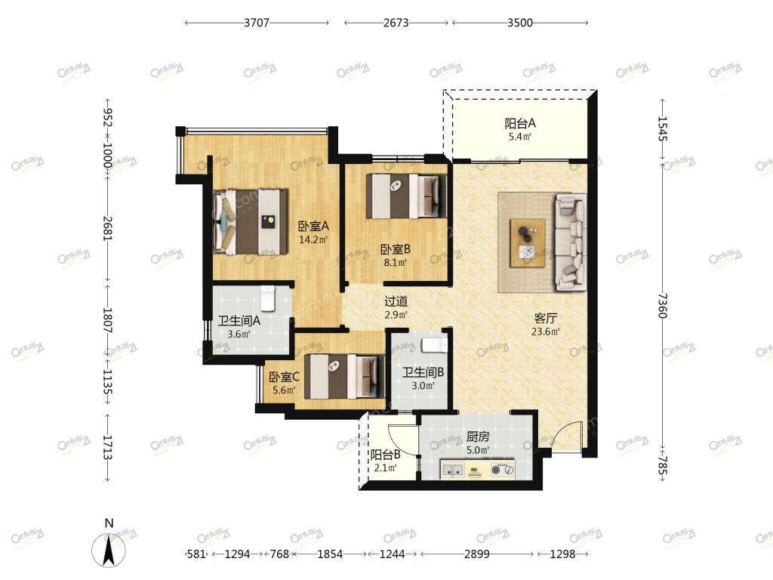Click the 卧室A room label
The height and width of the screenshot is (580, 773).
pos(313,227)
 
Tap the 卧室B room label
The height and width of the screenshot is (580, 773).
pos(396,249)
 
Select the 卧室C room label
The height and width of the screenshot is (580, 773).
pos(284,378)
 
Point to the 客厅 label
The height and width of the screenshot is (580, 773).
pos(545,318)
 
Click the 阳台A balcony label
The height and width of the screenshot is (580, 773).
pos(520,123)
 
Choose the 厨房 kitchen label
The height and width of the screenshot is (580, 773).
pos(478,437)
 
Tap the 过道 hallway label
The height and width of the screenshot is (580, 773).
pos(396,301)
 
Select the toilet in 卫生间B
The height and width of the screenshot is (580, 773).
pos(434,345)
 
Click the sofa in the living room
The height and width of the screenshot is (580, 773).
pos(571,242)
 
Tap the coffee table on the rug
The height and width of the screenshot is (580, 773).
pos(528,243)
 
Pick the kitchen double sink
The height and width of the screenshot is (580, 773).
pos(453,469)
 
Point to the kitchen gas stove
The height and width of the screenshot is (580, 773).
pos(502,469)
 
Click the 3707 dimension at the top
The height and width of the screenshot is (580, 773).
pos(257,23)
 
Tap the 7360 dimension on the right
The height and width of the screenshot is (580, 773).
pos(662,305)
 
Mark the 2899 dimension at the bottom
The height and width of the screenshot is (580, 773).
pos(477,554)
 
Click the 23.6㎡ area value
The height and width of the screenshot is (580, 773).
pos(545,332)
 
